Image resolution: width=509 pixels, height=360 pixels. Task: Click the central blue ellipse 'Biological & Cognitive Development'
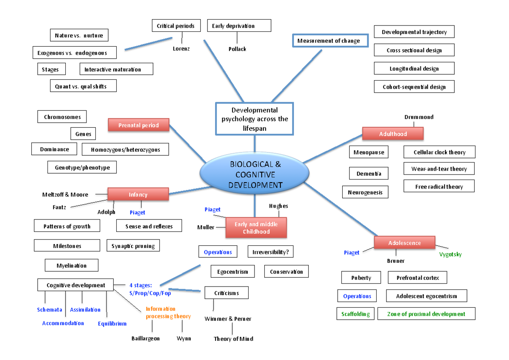pos(255,174)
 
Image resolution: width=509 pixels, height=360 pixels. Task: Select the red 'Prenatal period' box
pos(139,125)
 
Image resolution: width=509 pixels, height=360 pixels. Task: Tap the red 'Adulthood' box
pos(393,134)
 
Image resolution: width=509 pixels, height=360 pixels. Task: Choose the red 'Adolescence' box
pos(405,243)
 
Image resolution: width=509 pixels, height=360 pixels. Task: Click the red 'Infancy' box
pos(138,194)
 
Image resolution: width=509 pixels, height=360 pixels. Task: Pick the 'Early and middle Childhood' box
pos(256,228)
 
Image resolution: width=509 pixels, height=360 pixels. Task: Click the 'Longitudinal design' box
pos(414,68)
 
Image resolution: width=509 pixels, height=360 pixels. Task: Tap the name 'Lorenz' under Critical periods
pos(181,48)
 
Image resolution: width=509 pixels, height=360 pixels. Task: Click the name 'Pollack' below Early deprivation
pos(237,49)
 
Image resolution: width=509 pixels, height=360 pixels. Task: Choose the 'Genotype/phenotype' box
pos(82,167)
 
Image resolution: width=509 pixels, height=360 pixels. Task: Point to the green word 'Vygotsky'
pos(450,254)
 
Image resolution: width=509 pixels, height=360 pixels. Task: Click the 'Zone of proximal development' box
pos(426,314)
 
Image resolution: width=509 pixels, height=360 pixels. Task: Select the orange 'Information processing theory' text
pos(168,312)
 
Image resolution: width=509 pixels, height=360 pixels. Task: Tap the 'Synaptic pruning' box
pos(133,246)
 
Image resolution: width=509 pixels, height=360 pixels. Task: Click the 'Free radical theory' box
pos(439,186)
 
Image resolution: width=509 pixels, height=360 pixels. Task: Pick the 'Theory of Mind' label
pos(233,339)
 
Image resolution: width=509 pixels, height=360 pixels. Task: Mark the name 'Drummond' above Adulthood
pos(419,117)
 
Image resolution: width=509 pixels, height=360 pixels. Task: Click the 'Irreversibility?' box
pos(271,252)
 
